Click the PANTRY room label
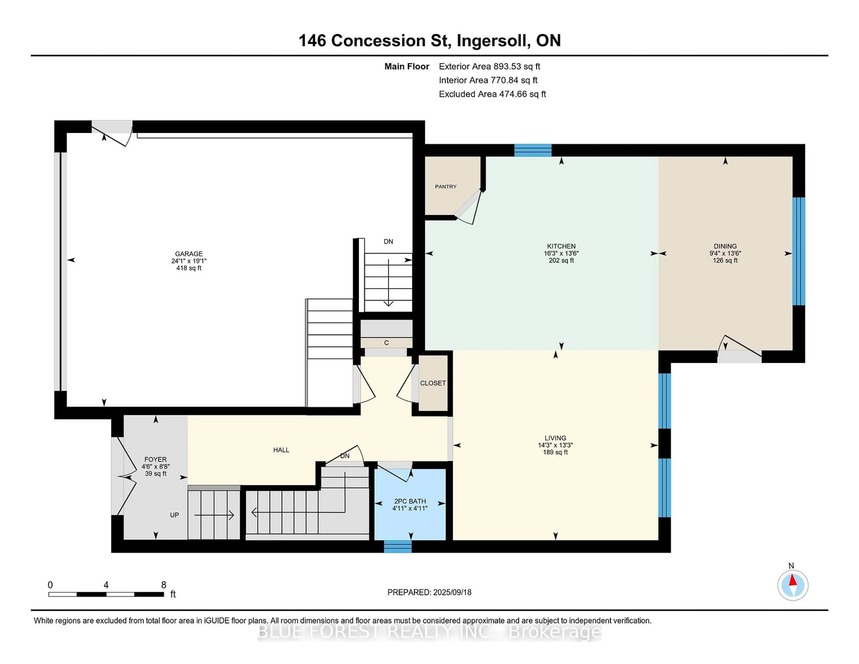pyautogui.click(x=446, y=186)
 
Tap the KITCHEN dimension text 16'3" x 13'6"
pyautogui.click(x=561, y=253)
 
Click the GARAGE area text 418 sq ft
pyautogui.click(x=189, y=268)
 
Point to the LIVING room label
pyautogui.click(x=555, y=438)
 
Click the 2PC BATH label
pyautogui.click(x=410, y=501)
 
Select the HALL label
pyautogui.click(x=281, y=450)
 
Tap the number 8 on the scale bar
pyautogui.click(x=164, y=585)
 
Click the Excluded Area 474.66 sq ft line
pyautogui.click(x=492, y=94)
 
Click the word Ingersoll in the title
pyautogui.click(x=492, y=40)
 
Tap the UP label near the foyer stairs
pyautogui.click(x=174, y=515)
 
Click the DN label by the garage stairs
pyautogui.click(x=388, y=242)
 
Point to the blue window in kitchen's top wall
pyautogui.click(x=533, y=150)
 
